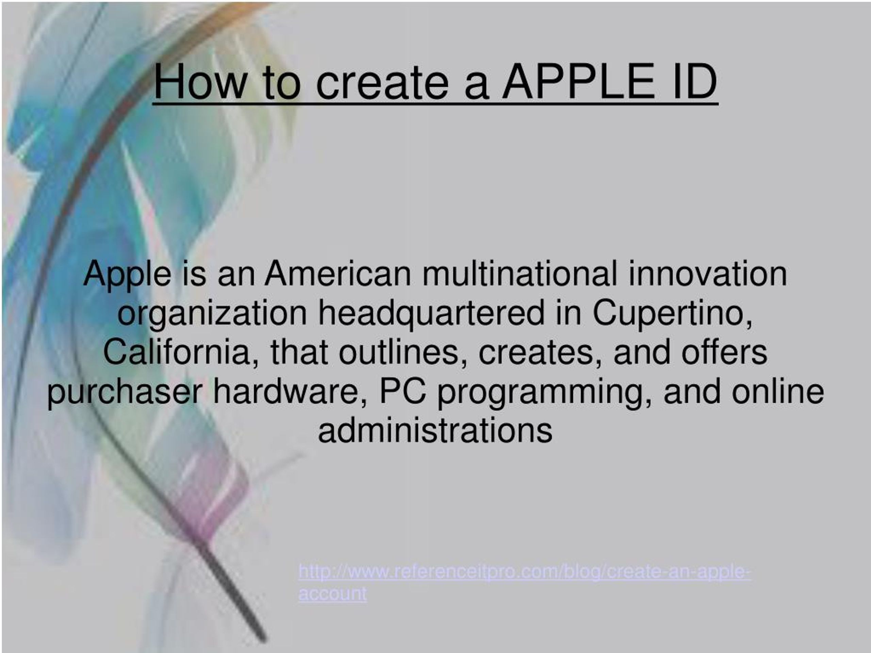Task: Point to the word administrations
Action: click(x=435, y=431)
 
